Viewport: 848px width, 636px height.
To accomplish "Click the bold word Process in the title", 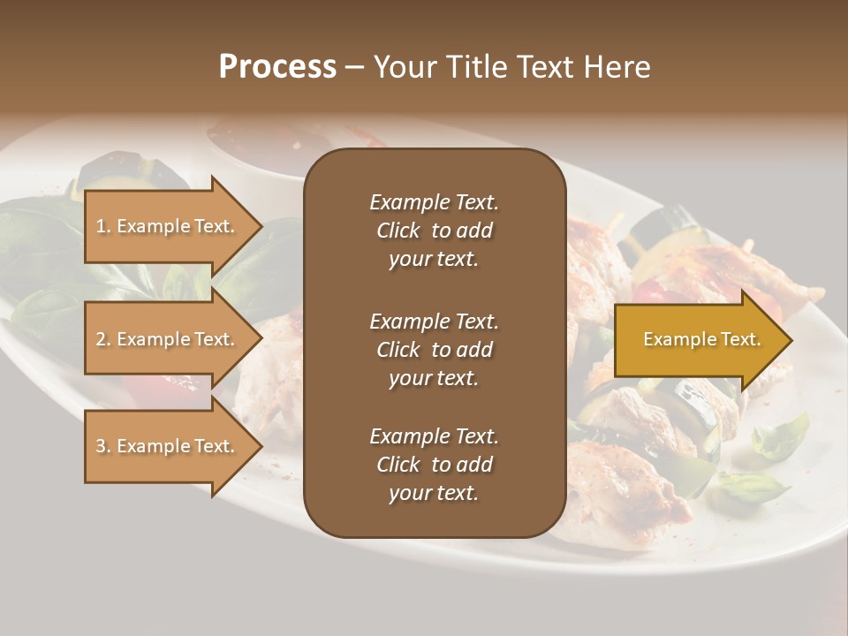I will [x=277, y=67].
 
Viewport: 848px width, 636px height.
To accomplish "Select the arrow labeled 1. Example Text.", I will [x=168, y=226].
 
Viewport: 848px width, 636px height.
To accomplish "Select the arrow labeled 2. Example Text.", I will [x=168, y=339].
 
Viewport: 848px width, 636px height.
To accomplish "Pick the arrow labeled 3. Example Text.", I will [x=168, y=446].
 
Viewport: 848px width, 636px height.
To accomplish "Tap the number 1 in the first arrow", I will [x=101, y=227].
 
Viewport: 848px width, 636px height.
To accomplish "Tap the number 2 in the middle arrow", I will [x=101, y=340].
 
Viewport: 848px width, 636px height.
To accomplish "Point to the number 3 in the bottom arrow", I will [x=101, y=447].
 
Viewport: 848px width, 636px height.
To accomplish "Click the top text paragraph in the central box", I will [x=434, y=231].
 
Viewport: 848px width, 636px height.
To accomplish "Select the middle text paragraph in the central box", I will [x=434, y=350].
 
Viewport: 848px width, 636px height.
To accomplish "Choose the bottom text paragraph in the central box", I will [x=434, y=465].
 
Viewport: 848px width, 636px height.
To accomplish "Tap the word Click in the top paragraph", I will [x=398, y=231].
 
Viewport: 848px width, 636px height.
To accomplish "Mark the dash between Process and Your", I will [x=354, y=67].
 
